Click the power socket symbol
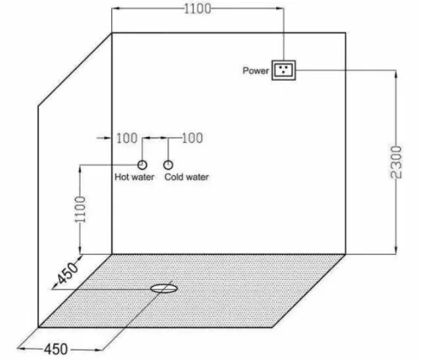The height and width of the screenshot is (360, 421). tap(284, 70)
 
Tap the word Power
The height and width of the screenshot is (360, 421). tap(256, 71)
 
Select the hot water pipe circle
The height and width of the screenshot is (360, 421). tap(142, 165)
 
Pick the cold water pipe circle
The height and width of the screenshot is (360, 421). tap(168, 165)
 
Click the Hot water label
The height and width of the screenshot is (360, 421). tap(135, 177)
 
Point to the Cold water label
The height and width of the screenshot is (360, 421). tap(187, 177)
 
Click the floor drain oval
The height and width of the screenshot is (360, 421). tap(164, 289)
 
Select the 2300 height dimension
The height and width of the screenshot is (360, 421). tap(397, 162)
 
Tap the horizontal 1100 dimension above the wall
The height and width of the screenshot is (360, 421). tap(198, 8)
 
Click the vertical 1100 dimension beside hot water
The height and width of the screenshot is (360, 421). tap(80, 209)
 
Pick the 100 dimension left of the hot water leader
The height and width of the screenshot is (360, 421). tap(127, 138)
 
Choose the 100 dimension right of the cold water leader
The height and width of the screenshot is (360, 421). tap(193, 138)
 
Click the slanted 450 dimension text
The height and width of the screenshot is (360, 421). tap(67, 273)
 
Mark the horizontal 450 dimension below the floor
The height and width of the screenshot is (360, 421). tap(56, 349)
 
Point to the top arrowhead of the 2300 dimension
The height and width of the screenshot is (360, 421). tap(396, 74)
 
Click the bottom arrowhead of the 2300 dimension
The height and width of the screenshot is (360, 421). tap(396, 250)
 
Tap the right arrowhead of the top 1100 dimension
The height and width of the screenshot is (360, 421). tap(280, 8)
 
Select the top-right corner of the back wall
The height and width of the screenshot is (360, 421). tap(345, 33)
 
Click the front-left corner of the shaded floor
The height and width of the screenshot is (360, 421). tap(39, 327)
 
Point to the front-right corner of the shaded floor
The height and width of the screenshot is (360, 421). tap(272, 327)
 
